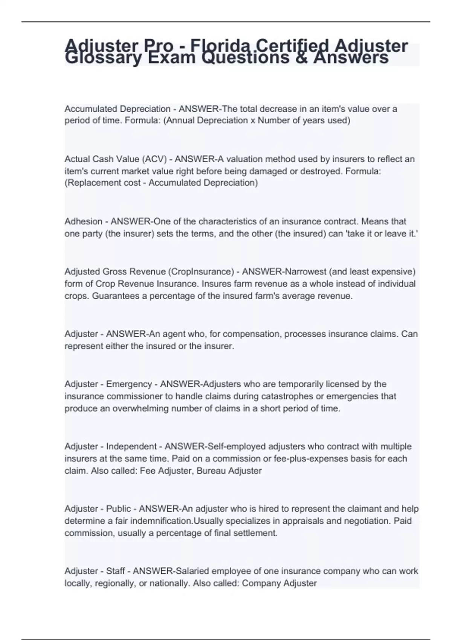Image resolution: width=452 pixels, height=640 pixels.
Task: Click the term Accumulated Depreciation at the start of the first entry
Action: coord(118,109)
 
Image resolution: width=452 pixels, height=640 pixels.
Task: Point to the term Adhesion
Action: coord(83,221)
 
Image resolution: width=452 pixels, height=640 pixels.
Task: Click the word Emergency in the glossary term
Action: coord(129,384)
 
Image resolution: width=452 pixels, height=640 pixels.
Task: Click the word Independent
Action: coord(131,446)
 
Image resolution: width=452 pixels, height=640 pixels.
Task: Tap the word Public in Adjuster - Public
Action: coord(118,509)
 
